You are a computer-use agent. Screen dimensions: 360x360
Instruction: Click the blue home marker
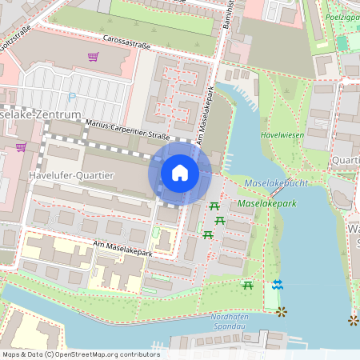180,173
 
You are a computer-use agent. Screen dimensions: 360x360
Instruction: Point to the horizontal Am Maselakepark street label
122,253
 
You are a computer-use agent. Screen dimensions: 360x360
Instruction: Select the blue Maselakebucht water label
276,183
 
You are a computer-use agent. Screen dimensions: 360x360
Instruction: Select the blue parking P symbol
73,98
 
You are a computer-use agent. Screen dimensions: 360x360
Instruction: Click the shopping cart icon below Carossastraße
94,57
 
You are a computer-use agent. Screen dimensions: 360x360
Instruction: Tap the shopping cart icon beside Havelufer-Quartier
21,147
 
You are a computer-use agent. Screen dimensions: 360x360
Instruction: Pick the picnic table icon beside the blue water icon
248,285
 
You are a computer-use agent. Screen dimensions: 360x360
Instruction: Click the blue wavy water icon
278,285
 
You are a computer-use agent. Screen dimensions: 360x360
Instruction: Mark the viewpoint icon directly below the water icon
281,311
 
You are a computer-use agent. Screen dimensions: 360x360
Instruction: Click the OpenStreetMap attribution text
81,354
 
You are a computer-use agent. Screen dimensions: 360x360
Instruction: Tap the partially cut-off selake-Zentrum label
42,115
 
